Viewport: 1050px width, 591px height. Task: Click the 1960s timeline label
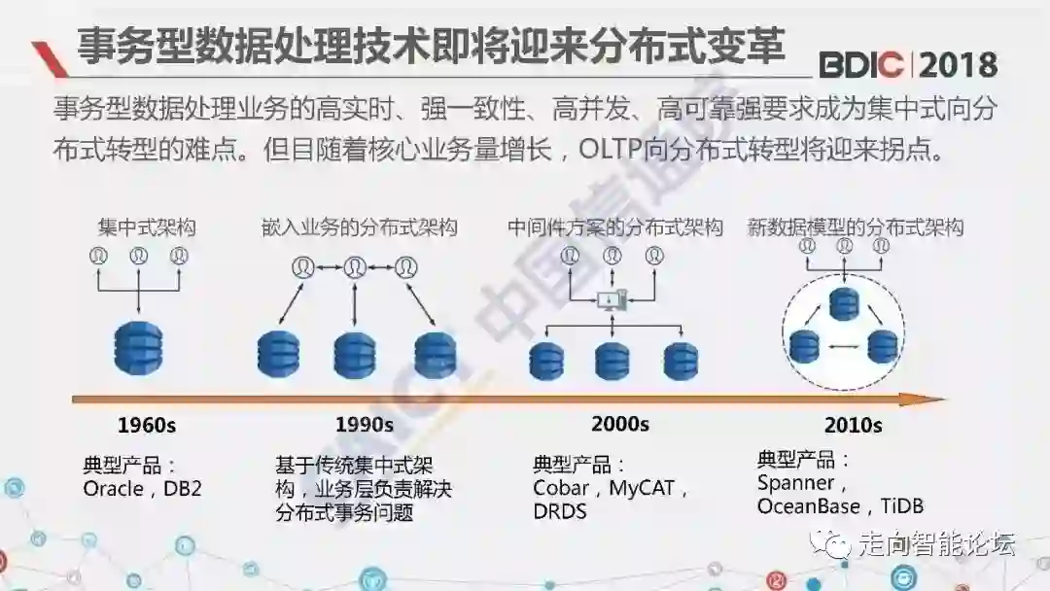tap(147, 425)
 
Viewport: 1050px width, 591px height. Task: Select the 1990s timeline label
tap(364, 425)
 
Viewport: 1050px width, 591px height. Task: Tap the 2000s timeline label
tap(619, 423)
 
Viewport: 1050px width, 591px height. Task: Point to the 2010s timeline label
tap(853, 425)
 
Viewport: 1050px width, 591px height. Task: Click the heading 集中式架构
tap(146, 227)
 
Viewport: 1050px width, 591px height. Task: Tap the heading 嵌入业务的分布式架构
tap(359, 227)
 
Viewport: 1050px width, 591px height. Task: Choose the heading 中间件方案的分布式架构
tap(615, 227)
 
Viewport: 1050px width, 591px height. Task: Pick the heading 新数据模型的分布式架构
tap(856, 227)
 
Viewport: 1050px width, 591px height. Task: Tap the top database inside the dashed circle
tap(843, 304)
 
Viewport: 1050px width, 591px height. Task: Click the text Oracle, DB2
tap(142, 488)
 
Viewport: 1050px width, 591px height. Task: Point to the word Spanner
tap(796, 482)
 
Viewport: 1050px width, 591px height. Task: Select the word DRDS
tap(560, 510)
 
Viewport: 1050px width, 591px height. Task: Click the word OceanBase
tap(809, 506)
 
